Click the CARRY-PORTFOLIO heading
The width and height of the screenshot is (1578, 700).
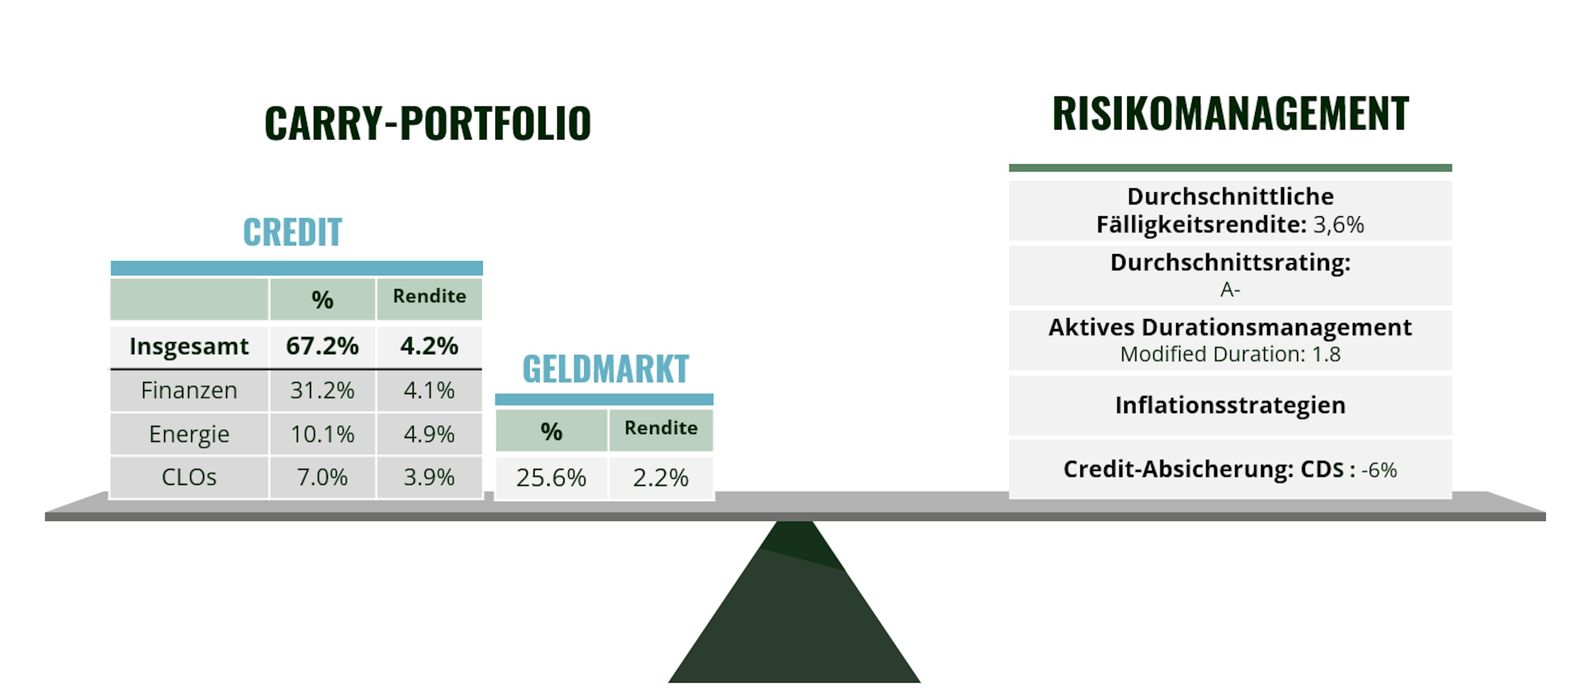(427, 123)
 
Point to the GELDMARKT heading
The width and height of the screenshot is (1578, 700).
(605, 369)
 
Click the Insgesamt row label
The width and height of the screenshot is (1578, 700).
(189, 347)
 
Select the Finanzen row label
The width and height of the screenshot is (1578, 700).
(189, 390)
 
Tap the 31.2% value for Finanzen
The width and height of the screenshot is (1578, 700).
(322, 390)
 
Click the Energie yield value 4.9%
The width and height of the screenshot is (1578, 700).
(429, 434)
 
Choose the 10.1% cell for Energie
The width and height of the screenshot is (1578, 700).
(322, 434)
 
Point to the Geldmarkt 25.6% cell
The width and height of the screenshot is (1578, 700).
(551, 478)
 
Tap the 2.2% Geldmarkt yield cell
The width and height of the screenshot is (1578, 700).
(660, 478)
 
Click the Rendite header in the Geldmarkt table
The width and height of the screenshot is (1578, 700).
(661, 428)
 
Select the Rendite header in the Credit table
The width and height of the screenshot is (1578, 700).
(429, 296)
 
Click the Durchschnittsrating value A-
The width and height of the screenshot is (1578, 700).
(1230, 289)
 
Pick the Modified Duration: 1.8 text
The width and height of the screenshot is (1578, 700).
(1230, 354)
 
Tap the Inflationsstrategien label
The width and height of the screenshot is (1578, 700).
(1230, 406)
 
